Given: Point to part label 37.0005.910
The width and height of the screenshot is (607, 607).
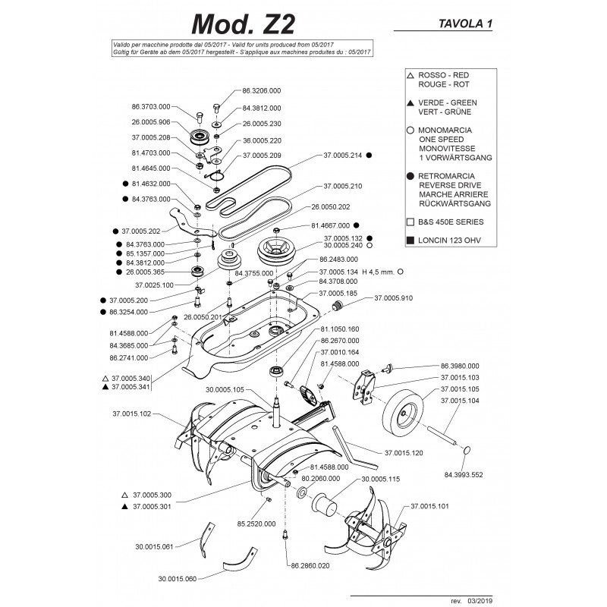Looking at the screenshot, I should tap(395, 299).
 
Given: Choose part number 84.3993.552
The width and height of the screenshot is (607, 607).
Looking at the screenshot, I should tap(473, 474).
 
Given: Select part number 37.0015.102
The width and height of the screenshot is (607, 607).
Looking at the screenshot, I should tap(132, 414).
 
